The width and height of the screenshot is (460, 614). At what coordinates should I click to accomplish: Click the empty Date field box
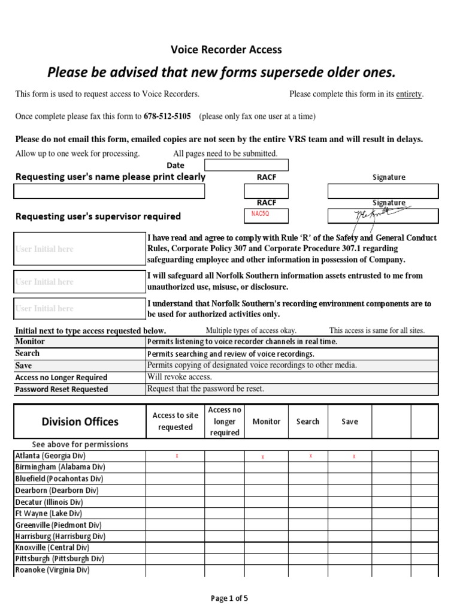click(246, 165)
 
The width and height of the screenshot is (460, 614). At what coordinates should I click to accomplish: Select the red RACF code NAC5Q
click(258, 215)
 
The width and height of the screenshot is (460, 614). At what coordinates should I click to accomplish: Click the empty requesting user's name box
click(110, 191)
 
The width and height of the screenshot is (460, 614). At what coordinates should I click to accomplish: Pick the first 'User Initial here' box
click(80, 249)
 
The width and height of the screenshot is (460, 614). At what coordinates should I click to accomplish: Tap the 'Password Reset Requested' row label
click(62, 389)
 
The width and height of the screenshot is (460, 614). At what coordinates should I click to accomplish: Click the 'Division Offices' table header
click(80, 422)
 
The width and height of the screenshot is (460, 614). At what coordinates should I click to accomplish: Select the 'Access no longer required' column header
click(225, 422)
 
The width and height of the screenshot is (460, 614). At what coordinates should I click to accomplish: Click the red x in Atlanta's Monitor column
click(263, 457)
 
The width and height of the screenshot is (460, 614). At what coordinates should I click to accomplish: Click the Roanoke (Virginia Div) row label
click(52, 570)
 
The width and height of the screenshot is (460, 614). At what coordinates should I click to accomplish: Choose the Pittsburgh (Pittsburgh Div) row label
click(59, 559)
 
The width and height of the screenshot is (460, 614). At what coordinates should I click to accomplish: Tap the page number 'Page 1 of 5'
click(230, 598)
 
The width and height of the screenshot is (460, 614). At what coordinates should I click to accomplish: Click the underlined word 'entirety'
click(409, 94)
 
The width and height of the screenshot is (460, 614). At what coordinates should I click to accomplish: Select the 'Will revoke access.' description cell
click(180, 377)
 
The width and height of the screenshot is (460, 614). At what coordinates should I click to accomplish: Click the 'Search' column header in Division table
click(308, 422)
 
